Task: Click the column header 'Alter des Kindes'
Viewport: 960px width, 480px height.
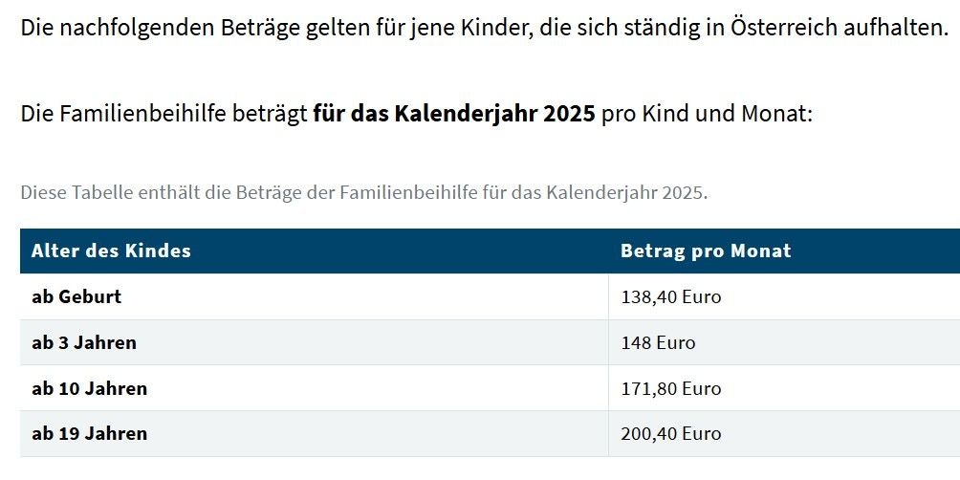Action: tap(111, 251)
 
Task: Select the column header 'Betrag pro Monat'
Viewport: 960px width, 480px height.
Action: tap(706, 251)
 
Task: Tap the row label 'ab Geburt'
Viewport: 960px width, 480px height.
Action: tap(76, 297)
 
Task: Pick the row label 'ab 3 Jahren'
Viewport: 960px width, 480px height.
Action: tap(84, 343)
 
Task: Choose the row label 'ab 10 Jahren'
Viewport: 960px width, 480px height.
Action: tap(89, 389)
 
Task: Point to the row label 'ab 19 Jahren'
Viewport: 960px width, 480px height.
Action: tap(89, 434)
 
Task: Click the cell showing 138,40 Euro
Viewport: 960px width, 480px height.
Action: tap(670, 297)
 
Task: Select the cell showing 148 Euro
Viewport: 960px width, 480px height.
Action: tap(658, 343)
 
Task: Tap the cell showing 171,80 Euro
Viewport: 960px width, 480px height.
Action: tap(670, 389)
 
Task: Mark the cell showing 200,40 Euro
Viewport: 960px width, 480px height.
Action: tap(670, 434)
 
